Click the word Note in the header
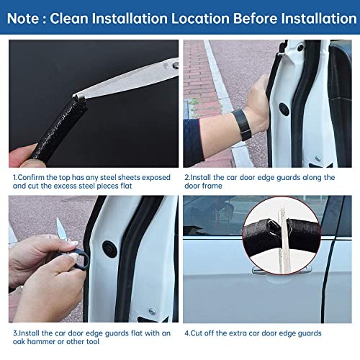[23, 19]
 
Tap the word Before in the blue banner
[255, 19]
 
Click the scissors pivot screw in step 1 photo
[176, 65]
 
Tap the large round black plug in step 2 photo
[284, 109]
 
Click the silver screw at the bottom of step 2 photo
[318, 158]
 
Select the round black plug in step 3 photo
[109, 249]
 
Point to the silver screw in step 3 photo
[152, 311]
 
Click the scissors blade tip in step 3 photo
[58, 219]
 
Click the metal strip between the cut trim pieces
[284, 240]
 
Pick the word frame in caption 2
[211, 186]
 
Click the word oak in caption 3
[19, 341]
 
